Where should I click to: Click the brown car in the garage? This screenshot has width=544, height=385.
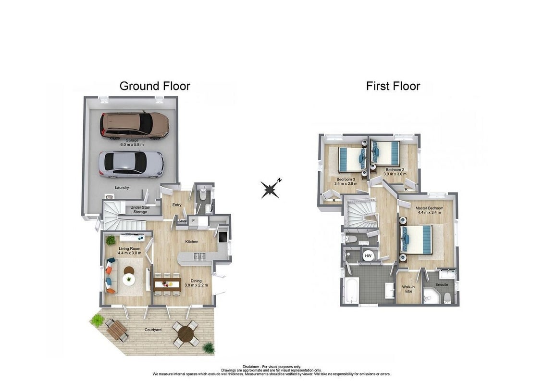(135, 125)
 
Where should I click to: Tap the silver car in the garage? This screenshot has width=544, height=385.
(131, 165)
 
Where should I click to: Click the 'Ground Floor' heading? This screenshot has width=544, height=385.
(155, 86)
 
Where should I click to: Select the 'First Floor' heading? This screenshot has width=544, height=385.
(393, 86)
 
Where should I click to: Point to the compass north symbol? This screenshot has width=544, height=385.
(271, 189)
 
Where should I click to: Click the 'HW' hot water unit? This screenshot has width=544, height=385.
(368, 256)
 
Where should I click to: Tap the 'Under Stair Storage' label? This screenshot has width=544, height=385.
(140, 209)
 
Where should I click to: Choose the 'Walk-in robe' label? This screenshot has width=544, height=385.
(408, 289)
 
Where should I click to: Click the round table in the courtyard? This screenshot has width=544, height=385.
(185, 334)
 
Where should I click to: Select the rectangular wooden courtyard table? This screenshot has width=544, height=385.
(117, 330)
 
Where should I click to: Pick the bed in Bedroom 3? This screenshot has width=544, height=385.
(351, 159)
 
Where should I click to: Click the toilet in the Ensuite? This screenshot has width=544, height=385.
(447, 298)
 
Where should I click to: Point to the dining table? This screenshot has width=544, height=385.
(168, 284)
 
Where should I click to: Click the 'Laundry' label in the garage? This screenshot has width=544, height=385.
(122, 188)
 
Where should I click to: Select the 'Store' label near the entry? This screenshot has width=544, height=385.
(183, 221)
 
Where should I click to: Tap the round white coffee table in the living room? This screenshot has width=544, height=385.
(129, 280)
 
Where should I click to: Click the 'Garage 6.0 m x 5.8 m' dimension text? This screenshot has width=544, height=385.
(132, 142)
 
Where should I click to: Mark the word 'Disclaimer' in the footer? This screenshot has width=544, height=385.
(251, 367)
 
